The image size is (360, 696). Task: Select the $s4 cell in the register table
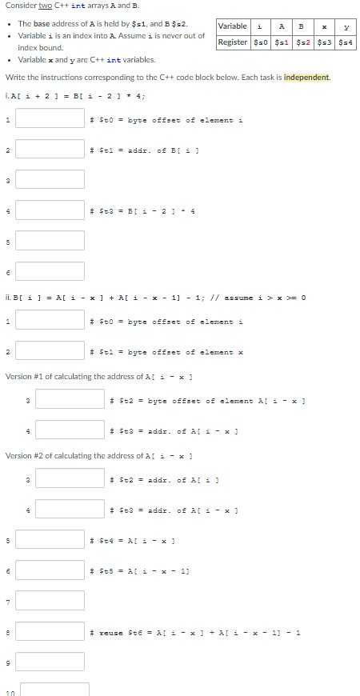point(346,42)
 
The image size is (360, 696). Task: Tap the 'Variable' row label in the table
point(233,26)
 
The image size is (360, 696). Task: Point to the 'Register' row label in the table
point(233,42)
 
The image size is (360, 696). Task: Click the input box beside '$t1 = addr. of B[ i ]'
point(50,150)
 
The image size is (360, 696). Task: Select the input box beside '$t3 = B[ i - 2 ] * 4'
point(50,210)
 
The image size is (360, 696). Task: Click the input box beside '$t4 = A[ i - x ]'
point(50,538)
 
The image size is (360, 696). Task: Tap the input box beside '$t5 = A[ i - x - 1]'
point(50,570)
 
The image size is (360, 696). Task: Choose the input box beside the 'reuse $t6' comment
point(50,631)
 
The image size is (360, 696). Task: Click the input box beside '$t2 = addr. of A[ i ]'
point(70,479)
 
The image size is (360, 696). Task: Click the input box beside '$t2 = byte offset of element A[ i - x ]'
point(70,400)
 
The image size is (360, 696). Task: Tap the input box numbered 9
point(50,662)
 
